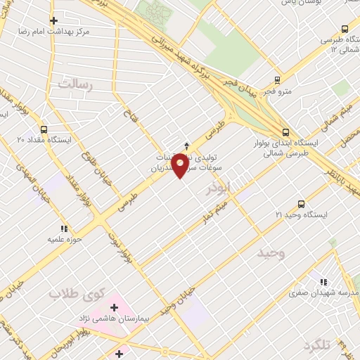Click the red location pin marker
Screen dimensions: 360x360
180,167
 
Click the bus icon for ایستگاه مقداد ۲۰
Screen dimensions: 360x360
44,129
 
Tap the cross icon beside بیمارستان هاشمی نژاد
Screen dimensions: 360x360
114,307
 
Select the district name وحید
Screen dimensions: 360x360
271,252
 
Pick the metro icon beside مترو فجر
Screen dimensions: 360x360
278,80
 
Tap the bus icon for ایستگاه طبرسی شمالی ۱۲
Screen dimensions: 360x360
345,29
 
